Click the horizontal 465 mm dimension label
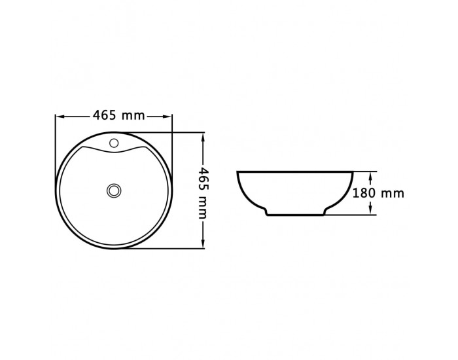point(118,115)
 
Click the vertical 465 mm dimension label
point(202,193)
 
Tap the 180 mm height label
point(378,193)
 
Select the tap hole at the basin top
point(114,143)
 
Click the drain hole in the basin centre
point(114,190)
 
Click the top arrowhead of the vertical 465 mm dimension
point(203,137)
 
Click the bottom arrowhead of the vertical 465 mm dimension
point(203,245)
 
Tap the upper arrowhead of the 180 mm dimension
point(370,176)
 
